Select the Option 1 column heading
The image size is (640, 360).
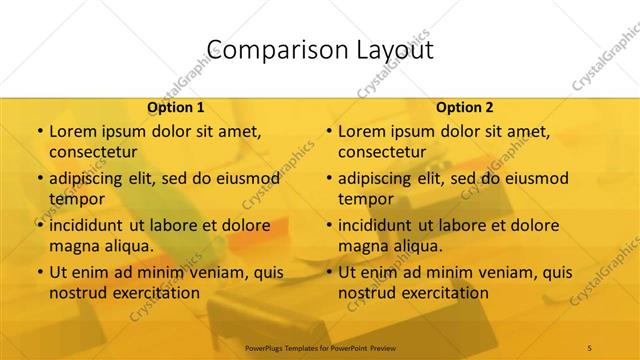(x=176, y=107)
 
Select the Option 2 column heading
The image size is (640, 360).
(x=465, y=107)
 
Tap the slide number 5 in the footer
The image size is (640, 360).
(x=590, y=347)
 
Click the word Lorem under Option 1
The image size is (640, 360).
(x=73, y=131)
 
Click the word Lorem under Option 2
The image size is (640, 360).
(x=362, y=131)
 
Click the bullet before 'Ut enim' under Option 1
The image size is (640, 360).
(x=40, y=272)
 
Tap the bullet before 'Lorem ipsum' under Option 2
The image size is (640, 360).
(x=329, y=131)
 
